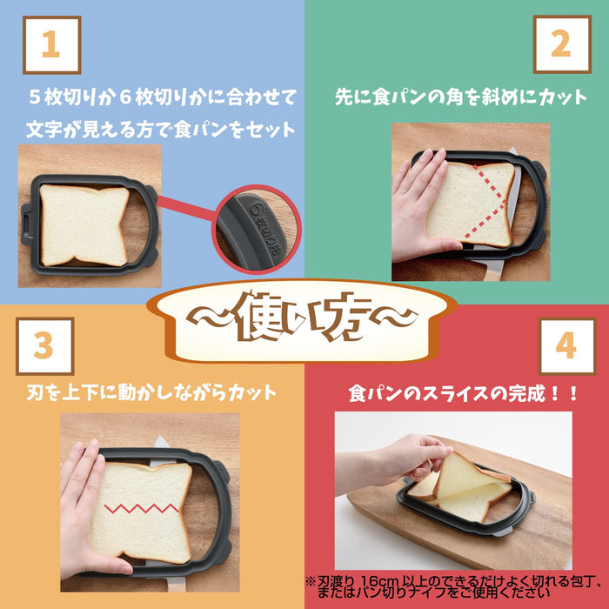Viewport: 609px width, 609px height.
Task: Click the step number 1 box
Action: tap(50, 44)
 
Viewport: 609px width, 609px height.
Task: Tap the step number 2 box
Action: tap(562, 44)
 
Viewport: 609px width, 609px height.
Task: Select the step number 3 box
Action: tap(44, 345)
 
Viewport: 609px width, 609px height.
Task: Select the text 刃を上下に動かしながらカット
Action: tap(151, 392)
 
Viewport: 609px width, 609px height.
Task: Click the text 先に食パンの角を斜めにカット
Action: tap(461, 97)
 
